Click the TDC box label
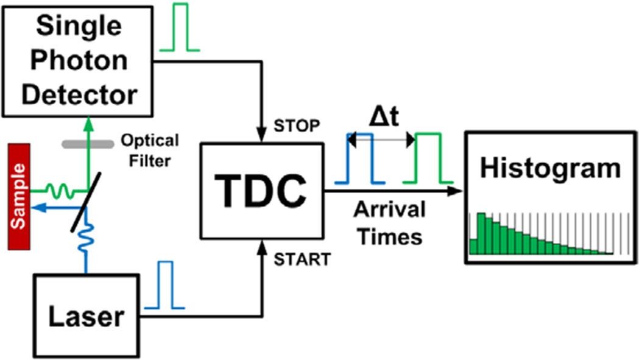coord(262,190)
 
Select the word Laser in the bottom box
coord(85,316)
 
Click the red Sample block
coord(19,196)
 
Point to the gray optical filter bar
coord(88,144)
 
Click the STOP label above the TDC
coord(297,127)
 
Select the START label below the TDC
coord(302,259)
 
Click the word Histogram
coord(550,168)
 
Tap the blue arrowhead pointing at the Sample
coord(37,208)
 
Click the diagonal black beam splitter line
coord(85,201)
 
